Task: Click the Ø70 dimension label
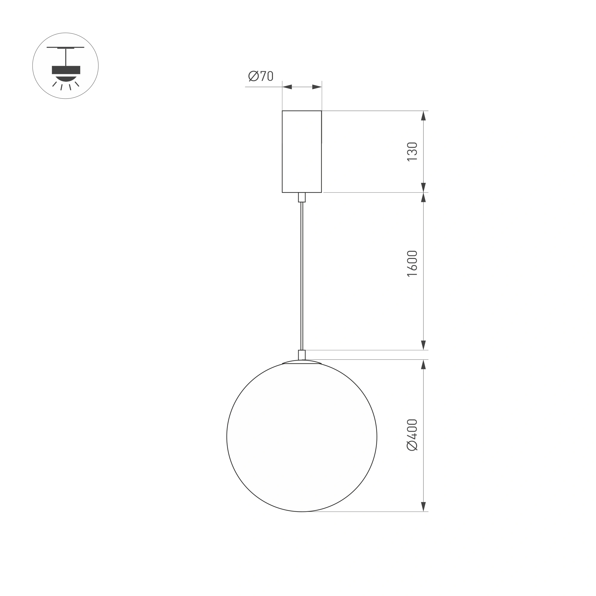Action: pyautogui.click(x=261, y=76)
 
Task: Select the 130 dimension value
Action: pyautogui.click(x=412, y=152)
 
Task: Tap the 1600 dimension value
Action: pyautogui.click(x=412, y=263)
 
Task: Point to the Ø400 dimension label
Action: pyautogui.click(x=412, y=435)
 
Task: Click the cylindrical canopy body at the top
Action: pyautogui.click(x=302, y=152)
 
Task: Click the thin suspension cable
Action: pyautogui.click(x=302, y=276)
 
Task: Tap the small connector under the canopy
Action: pyautogui.click(x=302, y=197)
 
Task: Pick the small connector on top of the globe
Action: pyautogui.click(x=302, y=355)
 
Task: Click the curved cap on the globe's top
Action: pyautogui.click(x=302, y=362)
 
